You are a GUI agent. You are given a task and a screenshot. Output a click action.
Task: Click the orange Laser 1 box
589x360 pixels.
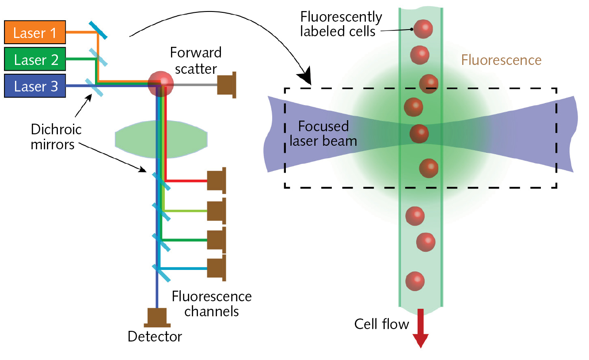tap(35, 33)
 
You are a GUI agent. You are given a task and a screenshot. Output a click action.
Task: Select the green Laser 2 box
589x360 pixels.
tap(35, 59)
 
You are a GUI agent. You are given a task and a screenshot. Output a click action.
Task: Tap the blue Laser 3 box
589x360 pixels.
tap(35, 86)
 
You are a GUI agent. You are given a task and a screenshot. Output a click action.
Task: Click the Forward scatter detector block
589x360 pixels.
tap(227, 84)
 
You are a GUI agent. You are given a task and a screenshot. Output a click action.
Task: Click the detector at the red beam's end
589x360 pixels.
tap(217, 181)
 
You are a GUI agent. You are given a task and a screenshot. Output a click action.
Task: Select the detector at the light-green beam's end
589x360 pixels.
tap(217, 211)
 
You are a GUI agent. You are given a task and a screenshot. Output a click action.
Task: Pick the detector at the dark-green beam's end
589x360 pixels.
tap(217, 240)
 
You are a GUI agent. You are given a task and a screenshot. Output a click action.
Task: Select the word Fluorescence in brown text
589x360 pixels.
tap(501, 60)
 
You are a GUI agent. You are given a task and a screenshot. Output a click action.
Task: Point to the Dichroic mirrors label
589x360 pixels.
tap(56, 137)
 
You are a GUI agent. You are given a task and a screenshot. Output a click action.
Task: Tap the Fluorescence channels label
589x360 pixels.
tap(212, 303)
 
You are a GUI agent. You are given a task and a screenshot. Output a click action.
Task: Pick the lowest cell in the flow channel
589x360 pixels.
tap(415, 281)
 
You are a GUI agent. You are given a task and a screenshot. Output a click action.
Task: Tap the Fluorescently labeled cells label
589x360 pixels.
tap(341, 24)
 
